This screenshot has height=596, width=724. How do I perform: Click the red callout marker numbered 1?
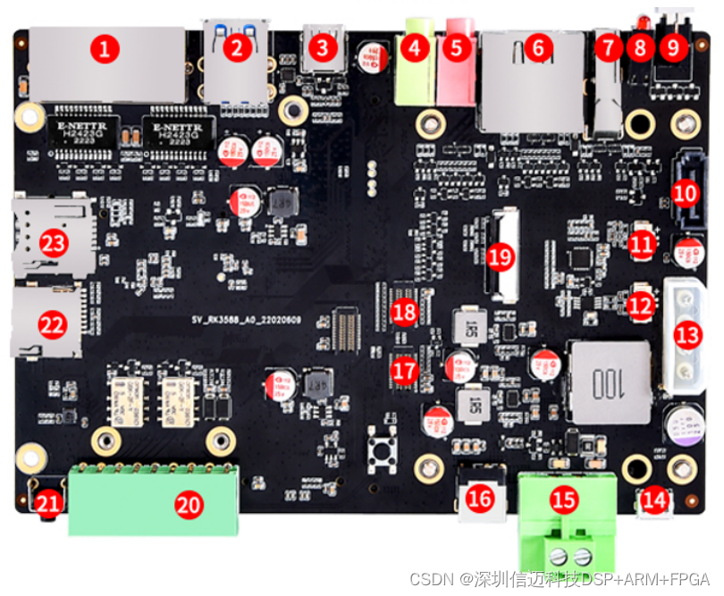106,50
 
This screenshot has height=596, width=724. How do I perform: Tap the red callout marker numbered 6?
537,49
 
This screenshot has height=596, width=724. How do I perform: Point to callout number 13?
687,336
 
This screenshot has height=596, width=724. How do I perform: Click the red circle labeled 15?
564,500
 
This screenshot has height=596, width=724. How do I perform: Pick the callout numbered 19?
501,256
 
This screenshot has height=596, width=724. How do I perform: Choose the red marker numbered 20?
188,505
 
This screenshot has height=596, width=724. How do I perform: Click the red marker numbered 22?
53,325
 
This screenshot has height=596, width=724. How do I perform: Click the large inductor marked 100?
611,382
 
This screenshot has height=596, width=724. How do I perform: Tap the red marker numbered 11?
640,243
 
